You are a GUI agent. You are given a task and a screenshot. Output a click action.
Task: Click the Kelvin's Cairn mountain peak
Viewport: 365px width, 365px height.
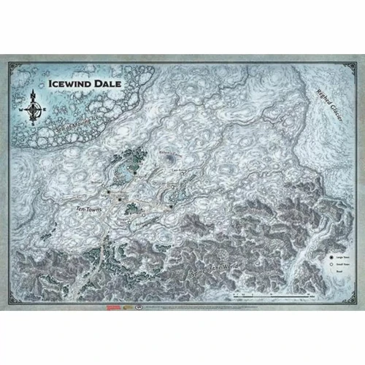click(x=171, y=157)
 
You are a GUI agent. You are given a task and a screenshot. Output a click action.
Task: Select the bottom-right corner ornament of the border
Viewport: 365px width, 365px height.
click(x=352, y=301)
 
